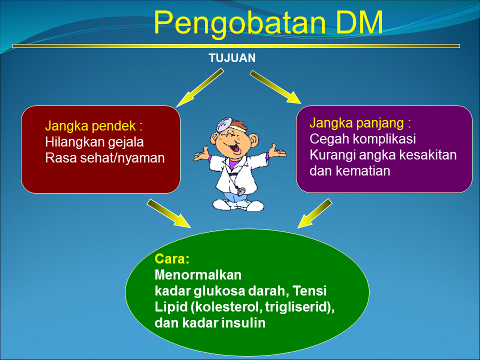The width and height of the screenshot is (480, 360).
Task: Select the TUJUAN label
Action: pyautogui.click(x=232, y=58)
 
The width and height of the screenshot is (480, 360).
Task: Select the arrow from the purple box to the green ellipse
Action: pyautogui.click(x=315, y=212)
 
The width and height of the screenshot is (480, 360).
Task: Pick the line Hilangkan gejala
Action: pyautogui.click(x=94, y=142)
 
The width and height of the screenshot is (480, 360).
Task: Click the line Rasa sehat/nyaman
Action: pyautogui.click(x=105, y=158)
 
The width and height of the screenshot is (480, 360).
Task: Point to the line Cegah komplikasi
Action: pyautogui.click(x=363, y=139)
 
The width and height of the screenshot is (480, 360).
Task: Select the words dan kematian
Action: pyautogui.click(x=350, y=171)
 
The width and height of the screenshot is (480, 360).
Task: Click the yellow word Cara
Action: pyautogui.click(x=170, y=259)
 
